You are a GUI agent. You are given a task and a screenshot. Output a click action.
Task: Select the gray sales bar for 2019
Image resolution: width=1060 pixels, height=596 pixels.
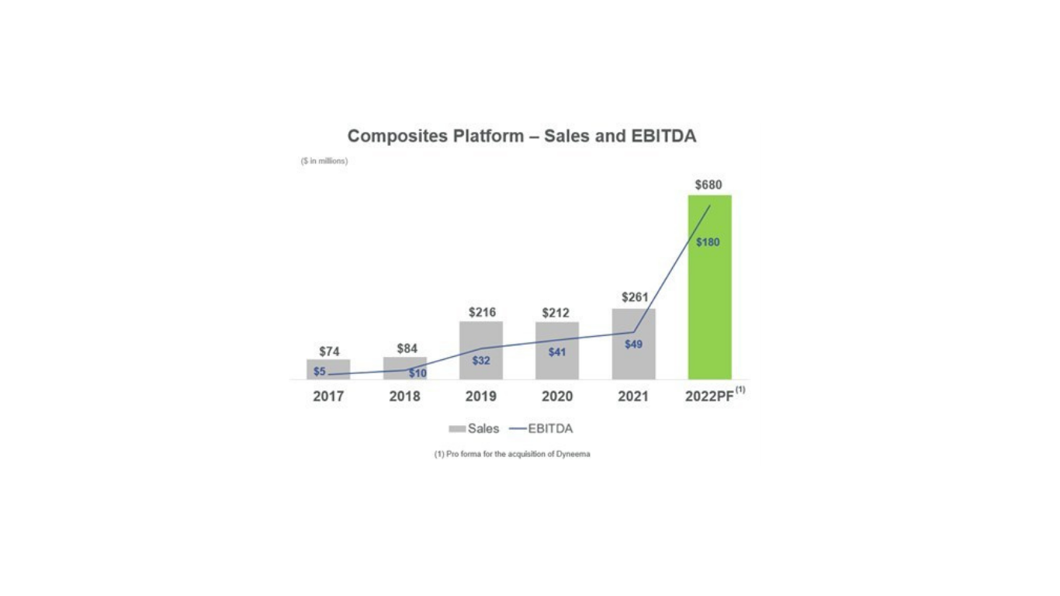[481, 338]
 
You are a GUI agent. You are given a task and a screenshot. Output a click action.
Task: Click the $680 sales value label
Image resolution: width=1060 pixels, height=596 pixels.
[708, 185]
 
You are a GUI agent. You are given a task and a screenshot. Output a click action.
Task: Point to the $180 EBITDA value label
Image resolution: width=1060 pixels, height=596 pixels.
[708, 242]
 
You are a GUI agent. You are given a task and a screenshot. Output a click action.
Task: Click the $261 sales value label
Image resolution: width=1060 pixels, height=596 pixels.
[635, 297]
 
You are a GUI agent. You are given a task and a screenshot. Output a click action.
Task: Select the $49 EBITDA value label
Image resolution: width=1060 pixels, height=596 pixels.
[634, 345]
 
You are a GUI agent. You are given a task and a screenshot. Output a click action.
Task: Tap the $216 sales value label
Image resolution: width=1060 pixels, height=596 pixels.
[482, 313]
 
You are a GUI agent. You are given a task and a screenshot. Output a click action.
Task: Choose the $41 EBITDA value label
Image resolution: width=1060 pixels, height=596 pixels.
[557, 352]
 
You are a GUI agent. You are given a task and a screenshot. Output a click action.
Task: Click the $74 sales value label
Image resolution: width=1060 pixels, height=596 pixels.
[329, 352]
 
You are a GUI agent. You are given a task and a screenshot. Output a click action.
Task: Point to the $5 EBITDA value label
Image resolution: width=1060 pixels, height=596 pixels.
[320, 372]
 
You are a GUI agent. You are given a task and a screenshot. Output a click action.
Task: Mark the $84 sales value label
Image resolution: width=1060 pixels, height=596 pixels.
[407, 348]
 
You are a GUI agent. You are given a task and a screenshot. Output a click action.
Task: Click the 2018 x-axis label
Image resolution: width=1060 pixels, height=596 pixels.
[404, 397]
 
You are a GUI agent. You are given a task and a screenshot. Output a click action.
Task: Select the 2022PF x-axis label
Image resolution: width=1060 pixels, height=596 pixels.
[709, 397]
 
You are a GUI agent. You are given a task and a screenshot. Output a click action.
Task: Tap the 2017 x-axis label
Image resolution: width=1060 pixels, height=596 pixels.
[328, 397]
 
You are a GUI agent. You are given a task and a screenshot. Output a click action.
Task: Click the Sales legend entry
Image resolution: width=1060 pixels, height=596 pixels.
[474, 428]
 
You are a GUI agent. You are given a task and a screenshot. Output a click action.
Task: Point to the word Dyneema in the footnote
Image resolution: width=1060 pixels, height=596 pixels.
[573, 454]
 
